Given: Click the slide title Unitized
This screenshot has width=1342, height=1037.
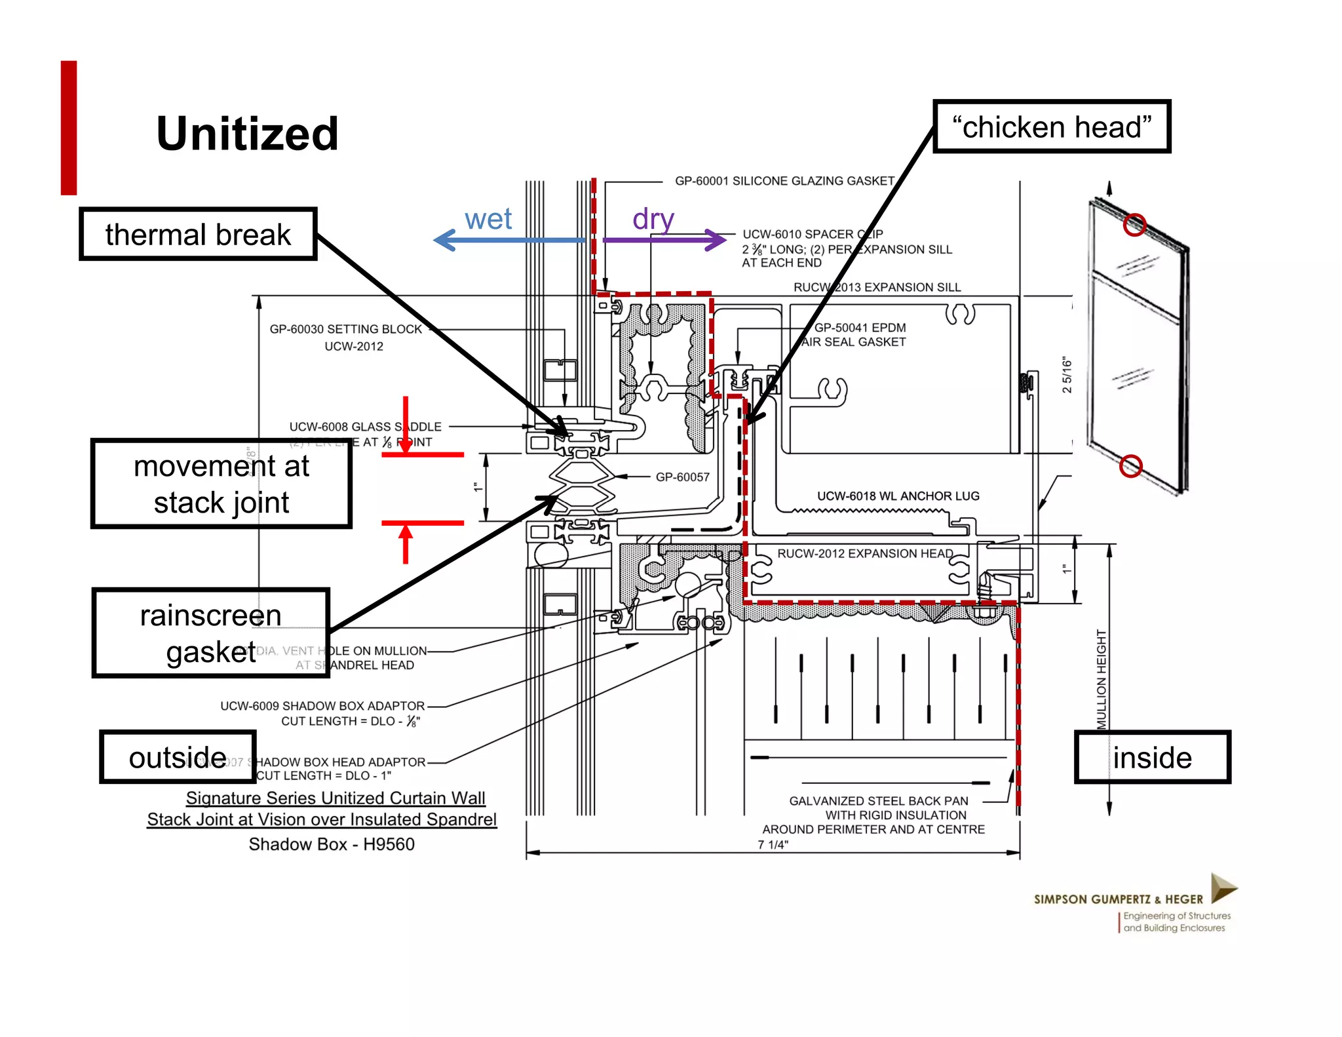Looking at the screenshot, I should click(247, 134).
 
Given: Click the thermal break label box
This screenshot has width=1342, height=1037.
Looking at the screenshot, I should click(198, 234).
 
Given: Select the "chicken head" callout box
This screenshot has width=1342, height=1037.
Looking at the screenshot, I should click(1051, 127).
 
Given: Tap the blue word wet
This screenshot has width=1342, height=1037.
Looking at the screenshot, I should click(488, 219).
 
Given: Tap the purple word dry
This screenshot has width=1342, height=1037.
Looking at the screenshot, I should click(653, 219).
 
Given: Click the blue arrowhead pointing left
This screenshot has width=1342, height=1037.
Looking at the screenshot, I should click(444, 240).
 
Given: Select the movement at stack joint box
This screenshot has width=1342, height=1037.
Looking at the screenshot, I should click(221, 484).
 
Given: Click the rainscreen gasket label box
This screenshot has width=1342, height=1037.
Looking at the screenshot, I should click(210, 633).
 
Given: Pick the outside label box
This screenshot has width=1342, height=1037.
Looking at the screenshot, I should click(178, 757).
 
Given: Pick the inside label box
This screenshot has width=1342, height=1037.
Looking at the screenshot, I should click(1152, 757).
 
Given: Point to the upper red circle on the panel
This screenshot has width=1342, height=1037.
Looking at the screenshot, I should click(1134, 225).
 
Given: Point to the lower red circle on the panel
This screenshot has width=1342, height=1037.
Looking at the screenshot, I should click(1130, 466).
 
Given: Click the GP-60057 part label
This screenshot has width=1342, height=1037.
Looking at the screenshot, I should click(682, 477).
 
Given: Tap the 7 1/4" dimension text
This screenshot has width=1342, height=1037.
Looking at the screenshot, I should click(773, 845).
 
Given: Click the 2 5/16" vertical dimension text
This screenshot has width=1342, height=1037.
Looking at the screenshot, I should click(1067, 375).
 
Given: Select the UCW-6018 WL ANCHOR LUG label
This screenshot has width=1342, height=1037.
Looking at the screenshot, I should click(898, 496).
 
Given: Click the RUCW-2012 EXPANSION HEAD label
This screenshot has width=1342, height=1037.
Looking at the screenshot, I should click(865, 553).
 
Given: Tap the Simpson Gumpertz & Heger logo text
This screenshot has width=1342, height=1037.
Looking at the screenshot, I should click(1118, 899).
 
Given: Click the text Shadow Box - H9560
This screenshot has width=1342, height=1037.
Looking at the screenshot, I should click(332, 844).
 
